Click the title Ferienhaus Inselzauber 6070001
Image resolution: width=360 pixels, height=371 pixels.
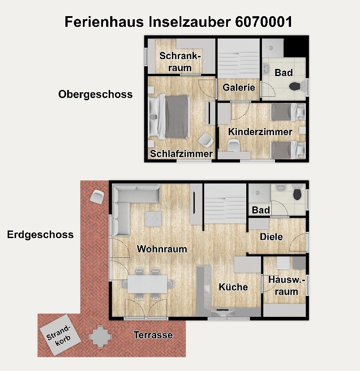179,22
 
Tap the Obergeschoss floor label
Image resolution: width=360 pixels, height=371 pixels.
95,94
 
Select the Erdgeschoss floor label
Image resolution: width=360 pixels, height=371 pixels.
40,235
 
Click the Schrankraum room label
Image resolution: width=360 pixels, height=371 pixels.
180,62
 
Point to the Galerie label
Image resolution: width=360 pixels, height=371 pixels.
239,88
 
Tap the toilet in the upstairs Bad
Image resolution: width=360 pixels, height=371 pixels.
295,86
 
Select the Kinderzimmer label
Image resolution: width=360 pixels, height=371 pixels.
260,132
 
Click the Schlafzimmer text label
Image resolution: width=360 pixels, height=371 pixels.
181,154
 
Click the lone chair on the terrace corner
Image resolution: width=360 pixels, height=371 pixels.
97,196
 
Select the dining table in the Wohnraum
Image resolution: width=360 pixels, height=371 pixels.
147,283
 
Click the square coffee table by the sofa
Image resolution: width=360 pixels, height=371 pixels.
154,219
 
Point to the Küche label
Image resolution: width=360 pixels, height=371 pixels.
233,287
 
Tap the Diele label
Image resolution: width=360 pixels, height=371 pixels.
271,237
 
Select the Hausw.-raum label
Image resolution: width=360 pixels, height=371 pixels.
286,286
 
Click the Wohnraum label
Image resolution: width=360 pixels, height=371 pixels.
162,249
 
